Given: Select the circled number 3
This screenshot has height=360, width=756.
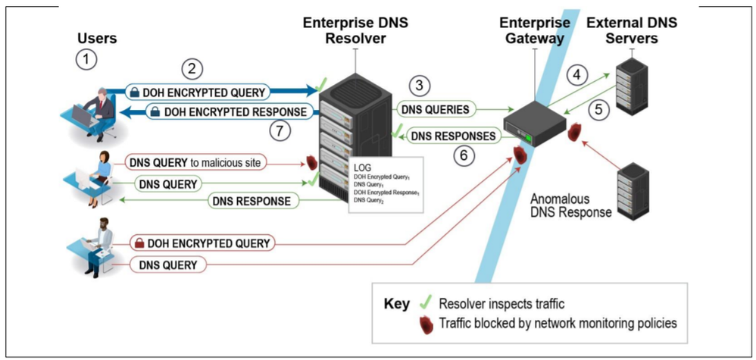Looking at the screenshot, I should point(421,86).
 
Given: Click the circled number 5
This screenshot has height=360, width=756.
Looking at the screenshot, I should point(598,108).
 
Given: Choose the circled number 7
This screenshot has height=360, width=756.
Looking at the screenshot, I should point(281,130).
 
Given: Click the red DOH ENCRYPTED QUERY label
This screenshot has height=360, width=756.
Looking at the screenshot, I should point(201,243).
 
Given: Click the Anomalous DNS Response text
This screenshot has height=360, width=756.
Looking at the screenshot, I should point(570,205).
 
